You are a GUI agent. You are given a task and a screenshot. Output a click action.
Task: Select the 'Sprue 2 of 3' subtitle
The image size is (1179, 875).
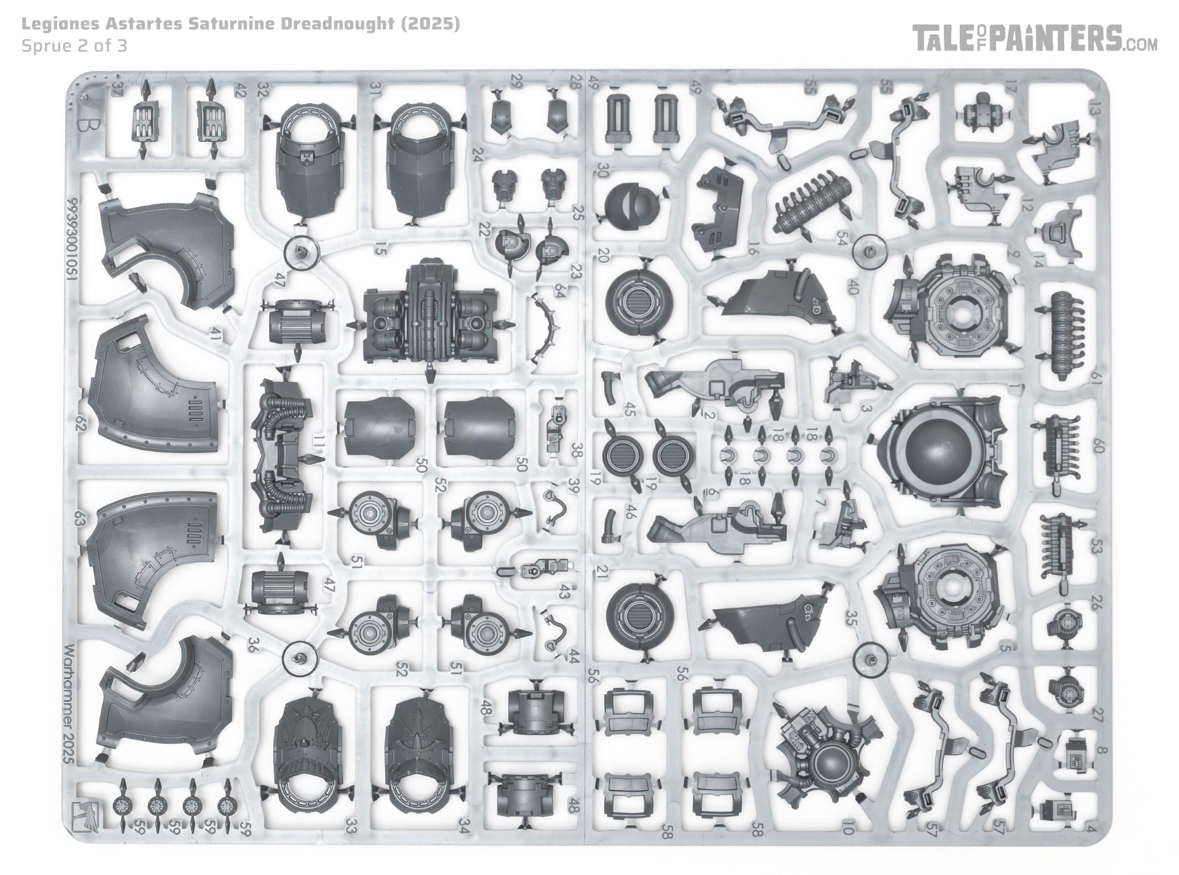point(74,46)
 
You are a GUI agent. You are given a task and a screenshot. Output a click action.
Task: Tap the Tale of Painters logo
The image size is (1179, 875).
point(1035,39)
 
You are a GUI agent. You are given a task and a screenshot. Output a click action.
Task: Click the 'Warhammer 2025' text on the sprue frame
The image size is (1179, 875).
point(69,704)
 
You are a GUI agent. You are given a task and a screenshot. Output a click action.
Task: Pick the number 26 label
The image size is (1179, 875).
point(1099,602)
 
